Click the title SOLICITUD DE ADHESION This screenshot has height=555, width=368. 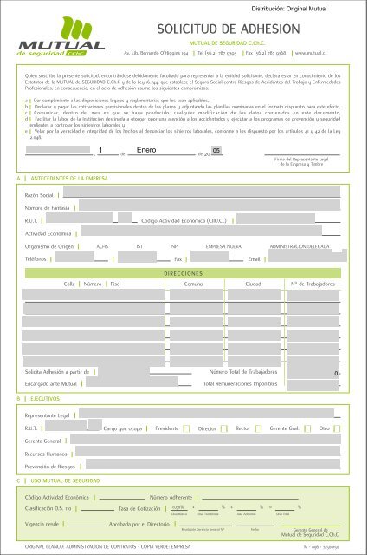pyautogui.click(x=227, y=32)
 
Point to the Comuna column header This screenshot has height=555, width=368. pyautogui.click(x=194, y=284)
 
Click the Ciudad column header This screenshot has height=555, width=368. pyautogui.click(x=254, y=284)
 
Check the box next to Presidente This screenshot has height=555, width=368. pyautogui.click(x=187, y=428)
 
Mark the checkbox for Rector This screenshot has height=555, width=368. pyautogui.click(x=259, y=428)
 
